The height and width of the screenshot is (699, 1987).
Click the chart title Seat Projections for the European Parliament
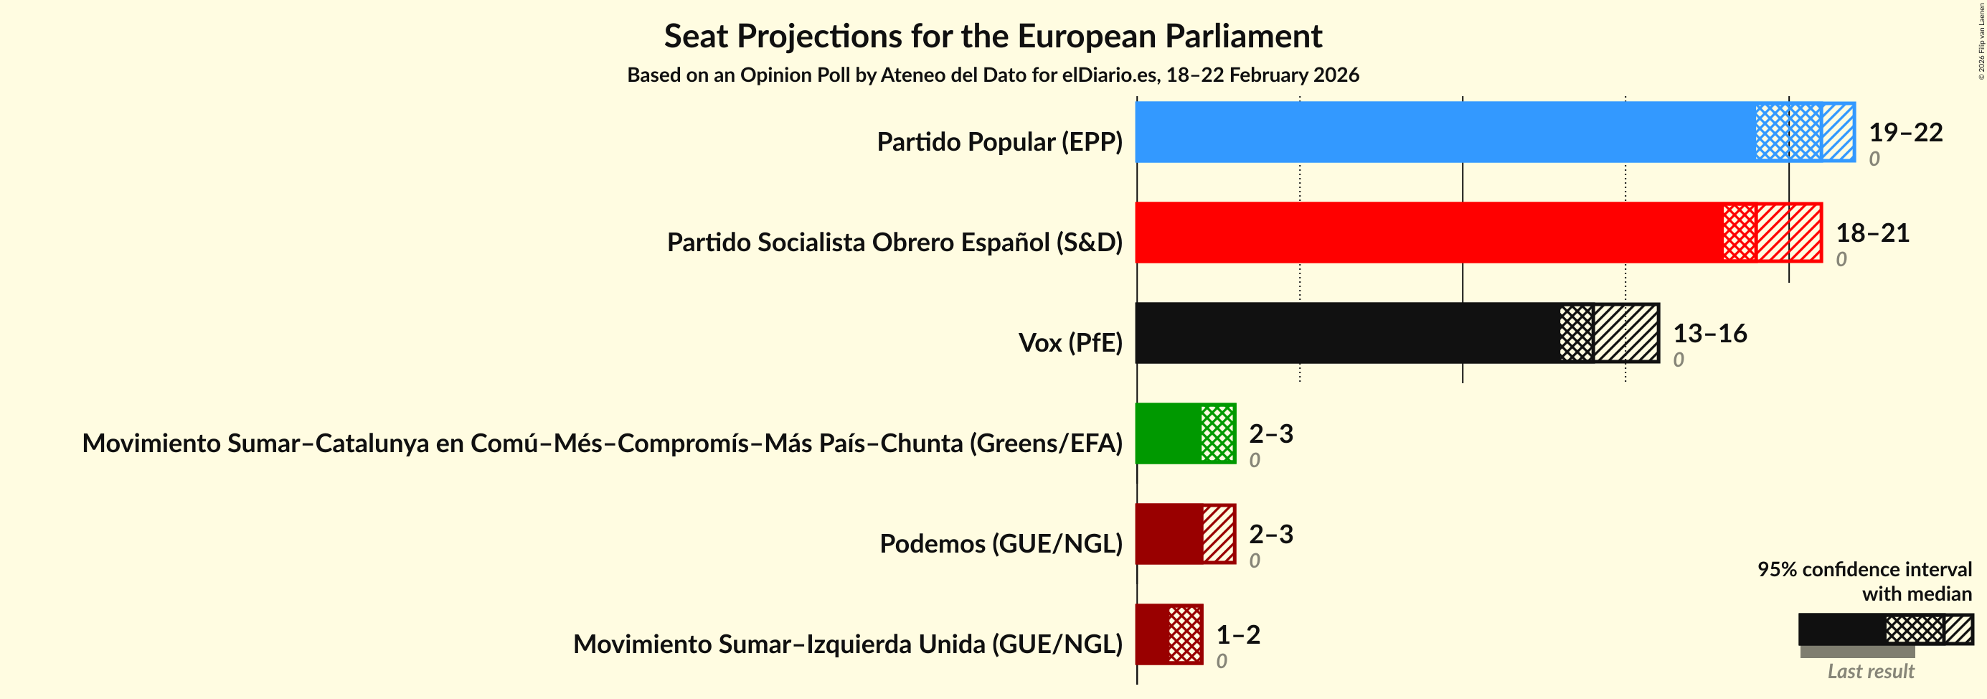coord(993,37)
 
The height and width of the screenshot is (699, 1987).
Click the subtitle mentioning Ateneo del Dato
coord(993,75)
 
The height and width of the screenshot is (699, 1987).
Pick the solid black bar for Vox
coord(1346,332)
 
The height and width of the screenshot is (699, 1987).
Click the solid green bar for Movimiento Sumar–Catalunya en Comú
coord(1168,433)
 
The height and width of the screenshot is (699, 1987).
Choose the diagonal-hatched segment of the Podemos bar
coord(1219,534)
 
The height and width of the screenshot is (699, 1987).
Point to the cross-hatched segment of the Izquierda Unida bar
coord(1185,634)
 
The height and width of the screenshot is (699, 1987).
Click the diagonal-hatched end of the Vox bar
coord(1626,332)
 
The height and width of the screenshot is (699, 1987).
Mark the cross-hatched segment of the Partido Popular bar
coord(1788,132)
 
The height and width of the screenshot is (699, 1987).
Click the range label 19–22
coord(1905,133)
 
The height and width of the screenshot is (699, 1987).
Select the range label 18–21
coord(1872,233)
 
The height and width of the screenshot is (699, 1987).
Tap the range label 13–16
coord(1709,333)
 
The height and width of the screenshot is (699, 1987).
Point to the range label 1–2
coord(1238,635)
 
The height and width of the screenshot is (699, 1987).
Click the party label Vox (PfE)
coord(1070,342)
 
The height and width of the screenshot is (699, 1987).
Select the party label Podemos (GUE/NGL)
coord(1001,544)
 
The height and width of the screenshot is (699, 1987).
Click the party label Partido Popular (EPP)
coord(999,142)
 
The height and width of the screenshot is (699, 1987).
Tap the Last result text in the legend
coord(1871,671)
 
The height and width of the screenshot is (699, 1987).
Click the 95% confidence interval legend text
coord(1864,569)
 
